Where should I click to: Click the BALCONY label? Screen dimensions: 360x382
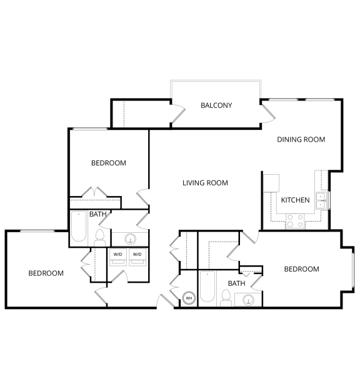[216, 105]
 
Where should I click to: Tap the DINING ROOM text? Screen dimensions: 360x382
[301, 139]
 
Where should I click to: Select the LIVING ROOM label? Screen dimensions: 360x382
[205, 183]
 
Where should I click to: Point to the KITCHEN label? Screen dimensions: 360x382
[295, 200]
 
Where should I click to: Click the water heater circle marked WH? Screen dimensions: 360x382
[189, 298]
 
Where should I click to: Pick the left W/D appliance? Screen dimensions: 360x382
[117, 257]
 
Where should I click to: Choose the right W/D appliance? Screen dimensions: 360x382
[137, 257]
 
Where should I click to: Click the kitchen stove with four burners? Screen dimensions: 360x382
[295, 221]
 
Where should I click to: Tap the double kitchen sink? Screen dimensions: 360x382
[321, 201]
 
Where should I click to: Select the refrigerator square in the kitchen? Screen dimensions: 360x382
[271, 183]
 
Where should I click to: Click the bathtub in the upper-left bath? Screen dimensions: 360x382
[79, 227]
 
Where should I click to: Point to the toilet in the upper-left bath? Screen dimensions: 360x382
[100, 238]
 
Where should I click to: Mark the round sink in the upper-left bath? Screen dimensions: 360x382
[131, 239]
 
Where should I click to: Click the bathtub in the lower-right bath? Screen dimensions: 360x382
[207, 286]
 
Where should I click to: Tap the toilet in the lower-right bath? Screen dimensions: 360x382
[226, 298]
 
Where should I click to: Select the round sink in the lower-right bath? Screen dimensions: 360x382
[249, 300]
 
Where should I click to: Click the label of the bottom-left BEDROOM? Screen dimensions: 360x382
[46, 273]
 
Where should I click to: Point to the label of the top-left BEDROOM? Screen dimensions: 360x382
[109, 163]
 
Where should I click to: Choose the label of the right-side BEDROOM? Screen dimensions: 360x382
[302, 269]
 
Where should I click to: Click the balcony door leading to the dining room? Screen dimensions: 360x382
[268, 112]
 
